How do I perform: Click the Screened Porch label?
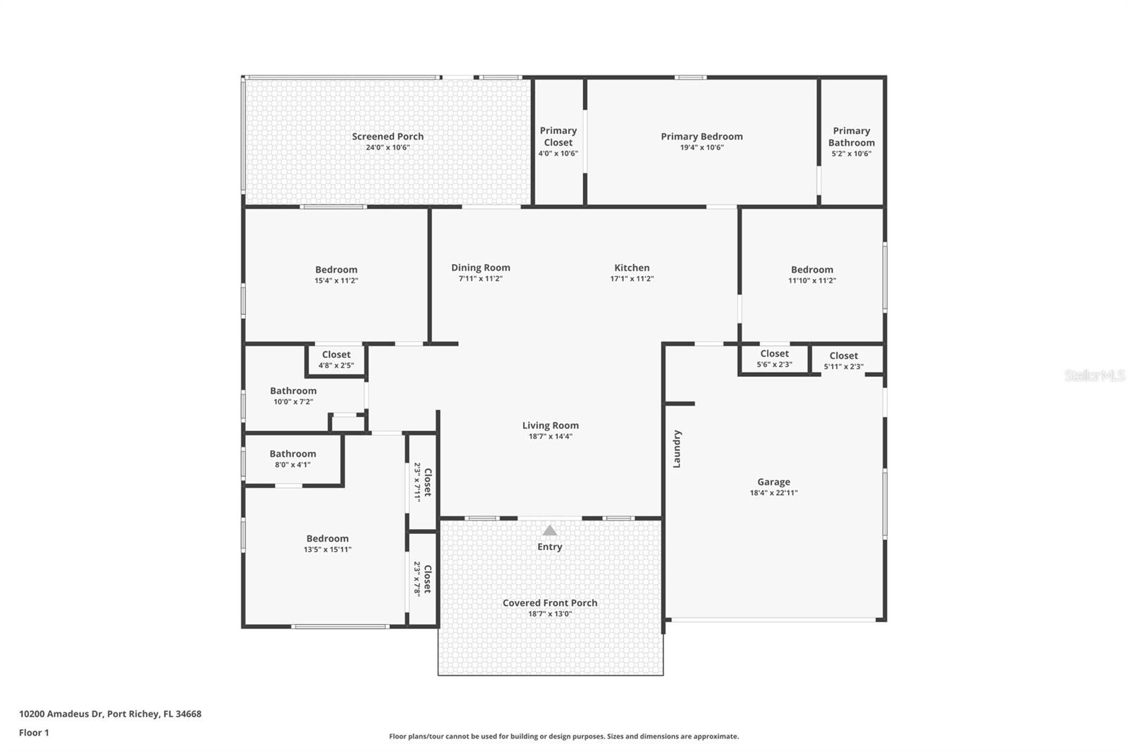[x=388, y=137]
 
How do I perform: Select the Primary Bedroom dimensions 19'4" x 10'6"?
[x=701, y=148]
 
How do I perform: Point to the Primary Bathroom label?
[x=851, y=137]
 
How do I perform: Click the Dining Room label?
[x=480, y=268]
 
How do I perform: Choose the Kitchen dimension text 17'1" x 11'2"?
[x=632, y=279]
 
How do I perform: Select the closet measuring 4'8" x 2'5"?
[x=336, y=360]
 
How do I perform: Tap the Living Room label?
[x=550, y=426]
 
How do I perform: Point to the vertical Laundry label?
[x=677, y=449]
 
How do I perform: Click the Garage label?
[x=773, y=483]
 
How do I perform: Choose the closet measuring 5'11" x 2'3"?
[x=843, y=361]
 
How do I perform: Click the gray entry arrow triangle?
[x=549, y=530]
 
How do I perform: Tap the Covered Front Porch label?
[x=550, y=603]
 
